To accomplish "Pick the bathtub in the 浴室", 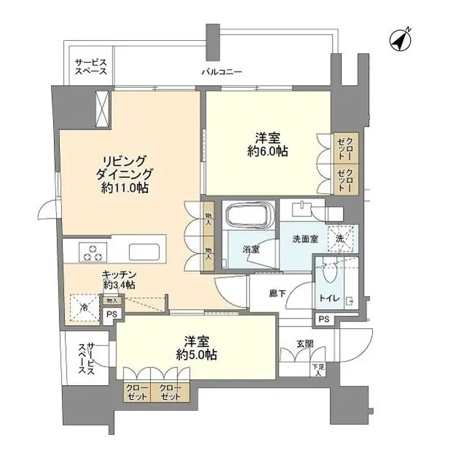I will click(x=249, y=217).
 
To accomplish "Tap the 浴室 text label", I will click(x=250, y=249).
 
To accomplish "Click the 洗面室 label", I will click(x=306, y=238).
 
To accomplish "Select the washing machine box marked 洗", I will click(x=340, y=238).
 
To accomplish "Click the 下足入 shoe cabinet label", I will click(x=317, y=371).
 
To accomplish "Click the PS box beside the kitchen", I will click(x=112, y=314).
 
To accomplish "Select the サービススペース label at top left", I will click(x=90, y=67).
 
